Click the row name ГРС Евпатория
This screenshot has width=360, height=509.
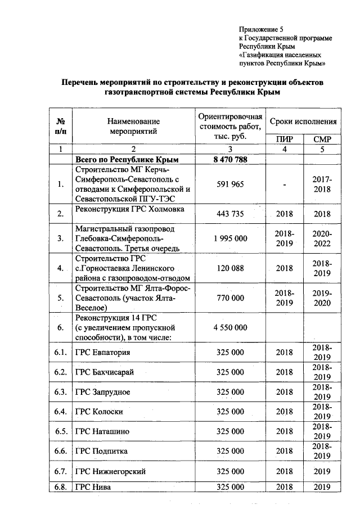pyautogui.click(x=102, y=353)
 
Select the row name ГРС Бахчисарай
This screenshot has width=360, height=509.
pyautogui.click(x=105, y=372)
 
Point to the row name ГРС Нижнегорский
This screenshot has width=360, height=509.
pyautogui.click(x=110, y=471)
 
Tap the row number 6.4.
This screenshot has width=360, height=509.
pyautogui.click(x=61, y=412)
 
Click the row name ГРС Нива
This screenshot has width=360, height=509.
pyautogui.click(x=93, y=488)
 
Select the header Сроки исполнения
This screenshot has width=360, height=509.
pyautogui.click(x=303, y=121)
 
